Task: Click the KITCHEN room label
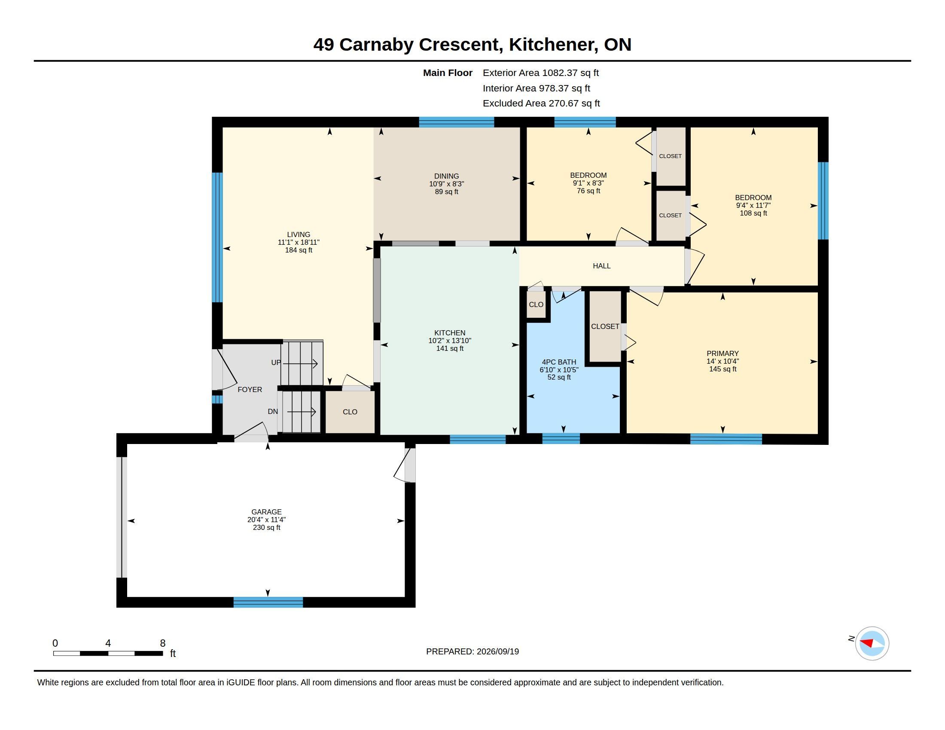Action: pyautogui.click(x=450, y=332)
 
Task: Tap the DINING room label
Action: pyautogui.click(x=447, y=176)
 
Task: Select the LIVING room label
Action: pyautogui.click(x=299, y=234)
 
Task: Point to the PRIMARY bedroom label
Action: pyautogui.click(x=722, y=353)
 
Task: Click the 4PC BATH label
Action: pyautogui.click(x=559, y=362)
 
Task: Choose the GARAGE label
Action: pyautogui.click(x=267, y=511)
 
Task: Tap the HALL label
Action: pyautogui.click(x=601, y=266)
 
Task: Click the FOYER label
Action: pyautogui.click(x=250, y=389)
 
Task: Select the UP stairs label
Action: pyautogui.click(x=276, y=362)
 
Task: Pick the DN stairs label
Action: pyautogui.click(x=273, y=411)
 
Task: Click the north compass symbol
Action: pyautogui.click(x=872, y=643)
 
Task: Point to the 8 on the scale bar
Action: pyautogui.click(x=163, y=643)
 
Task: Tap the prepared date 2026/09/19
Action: pyautogui.click(x=497, y=651)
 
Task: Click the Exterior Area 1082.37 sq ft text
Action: pyautogui.click(x=541, y=73)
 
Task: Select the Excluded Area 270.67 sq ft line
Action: pyautogui.click(x=541, y=103)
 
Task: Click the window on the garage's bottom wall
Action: pyautogui.click(x=268, y=602)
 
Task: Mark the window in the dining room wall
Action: pyautogui.click(x=457, y=122)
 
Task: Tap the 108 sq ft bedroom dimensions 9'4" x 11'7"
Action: pyautogui.click(x=753, y=205)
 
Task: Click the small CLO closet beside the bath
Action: pyautogui.click(x=536, y=305)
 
